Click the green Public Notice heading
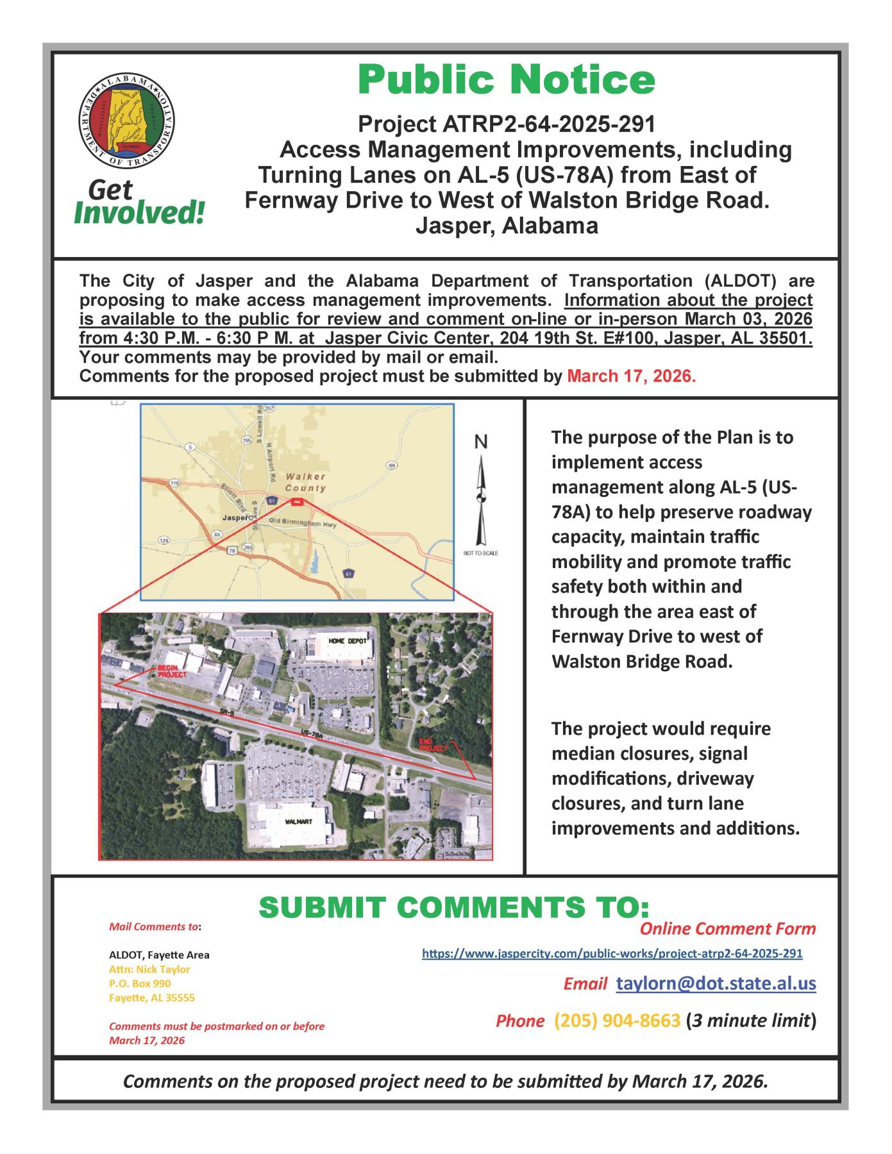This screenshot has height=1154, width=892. click(x=507, y=80)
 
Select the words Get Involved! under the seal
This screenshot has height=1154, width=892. click(x=139, y=202)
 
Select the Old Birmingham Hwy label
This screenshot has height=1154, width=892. click(x=303, y=523)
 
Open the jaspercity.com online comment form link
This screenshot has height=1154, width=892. click(x=612, y=953)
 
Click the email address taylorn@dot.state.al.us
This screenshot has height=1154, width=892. click(x=716, y=984)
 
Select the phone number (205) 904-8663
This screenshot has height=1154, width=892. click(x=616, y=1021)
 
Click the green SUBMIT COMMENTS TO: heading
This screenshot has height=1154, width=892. click(x=454, y=907)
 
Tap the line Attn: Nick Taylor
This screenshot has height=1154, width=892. click(x=149, y=969)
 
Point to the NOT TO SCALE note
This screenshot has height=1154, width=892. click(x=480, y=553)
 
